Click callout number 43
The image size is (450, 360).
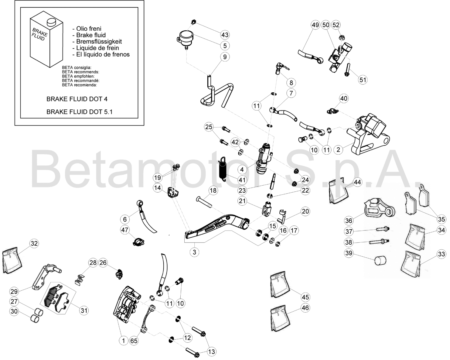click(x=225, y=35)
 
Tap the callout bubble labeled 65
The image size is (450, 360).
click(x=134, y=341)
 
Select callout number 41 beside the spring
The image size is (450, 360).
click(x=242, y=180)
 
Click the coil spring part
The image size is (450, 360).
click(x=224, y=169)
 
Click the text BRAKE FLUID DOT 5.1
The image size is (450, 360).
click(x=79, y=112)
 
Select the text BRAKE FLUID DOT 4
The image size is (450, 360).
click(x=77, y=99)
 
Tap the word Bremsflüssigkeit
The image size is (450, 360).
click(x=99, y=42)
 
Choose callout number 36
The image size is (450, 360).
click(x=349, y=220)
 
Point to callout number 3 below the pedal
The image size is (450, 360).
click(x=195, y=252)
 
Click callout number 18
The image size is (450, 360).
click(x=213, y=190)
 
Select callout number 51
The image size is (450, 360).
click(x=363, y=80)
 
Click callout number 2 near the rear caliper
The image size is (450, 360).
click(x=338, y=149)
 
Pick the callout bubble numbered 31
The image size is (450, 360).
click(x=84, y=310)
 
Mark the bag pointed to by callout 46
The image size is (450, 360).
click(x=279, y=319)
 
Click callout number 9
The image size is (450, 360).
click(x=225, y=57)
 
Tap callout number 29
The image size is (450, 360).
click(x=14, y=291)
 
